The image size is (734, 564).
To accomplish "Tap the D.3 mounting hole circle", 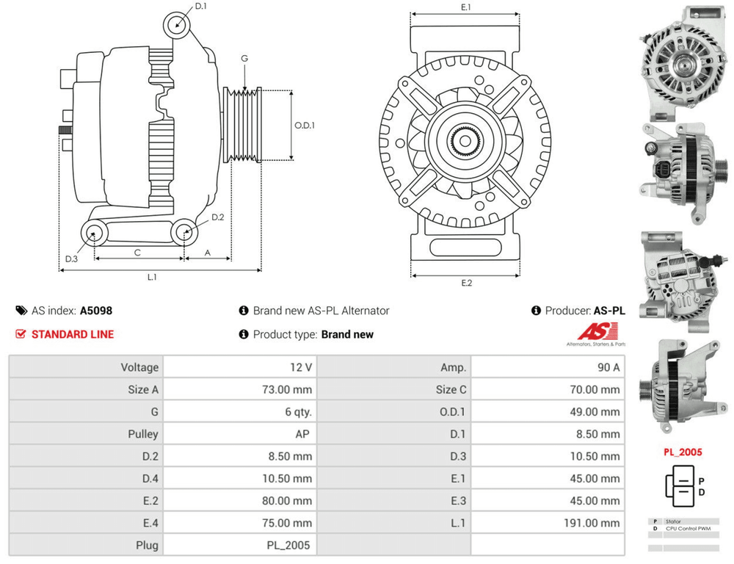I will (x=94, y=234).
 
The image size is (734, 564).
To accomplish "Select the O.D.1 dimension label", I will (x=305, y=125).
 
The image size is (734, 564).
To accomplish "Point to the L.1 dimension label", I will (x=152, y=277).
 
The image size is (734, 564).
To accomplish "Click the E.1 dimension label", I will (x=465, y=7).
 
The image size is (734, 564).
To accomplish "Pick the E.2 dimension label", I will (x=466, y=283).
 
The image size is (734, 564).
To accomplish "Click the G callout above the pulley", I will (x=244, y=58).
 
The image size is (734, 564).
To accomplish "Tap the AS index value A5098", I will (x=96, y=311).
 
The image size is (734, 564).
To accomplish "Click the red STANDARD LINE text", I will (x=73, y=334).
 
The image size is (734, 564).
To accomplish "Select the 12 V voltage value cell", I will (x=302, y=367).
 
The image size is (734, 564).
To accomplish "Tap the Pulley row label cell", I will (x=142, y=434).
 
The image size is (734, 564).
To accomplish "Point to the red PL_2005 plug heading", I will (x=683, y=452).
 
